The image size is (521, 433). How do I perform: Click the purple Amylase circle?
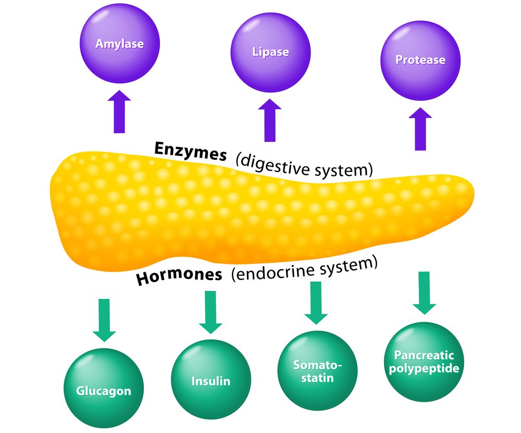[119, 45]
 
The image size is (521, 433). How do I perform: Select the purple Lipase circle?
[270, 53]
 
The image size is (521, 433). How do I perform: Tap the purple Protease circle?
[420, 60]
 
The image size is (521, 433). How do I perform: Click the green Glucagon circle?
[104, 389]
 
